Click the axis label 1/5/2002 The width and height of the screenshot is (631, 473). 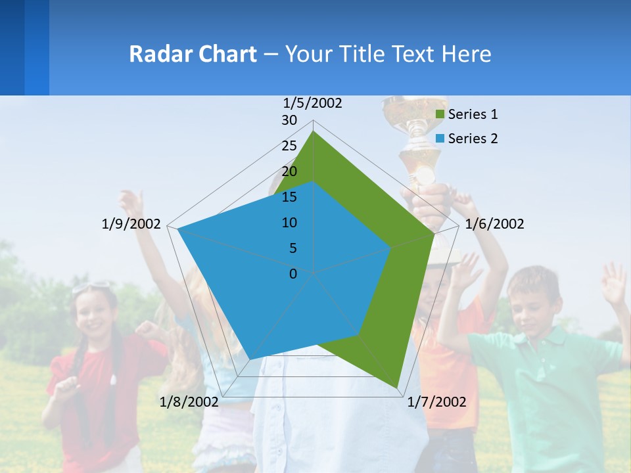(313, 103)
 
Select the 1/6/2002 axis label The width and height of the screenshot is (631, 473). (494, 224)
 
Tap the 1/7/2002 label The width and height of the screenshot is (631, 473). (436, 402)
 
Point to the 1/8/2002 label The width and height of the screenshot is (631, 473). (189, 402)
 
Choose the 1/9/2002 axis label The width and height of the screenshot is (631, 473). (131, 224)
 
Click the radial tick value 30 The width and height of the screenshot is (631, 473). (289, 120)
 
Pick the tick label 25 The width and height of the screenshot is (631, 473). (289, 146)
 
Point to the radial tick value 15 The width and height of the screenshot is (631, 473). (289, 197)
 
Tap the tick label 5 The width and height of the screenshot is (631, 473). (292, 248)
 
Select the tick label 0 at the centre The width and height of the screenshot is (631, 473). (293, 273)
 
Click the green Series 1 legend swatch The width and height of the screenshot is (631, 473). (440, 115)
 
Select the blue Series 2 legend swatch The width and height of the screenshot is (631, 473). (440, 139)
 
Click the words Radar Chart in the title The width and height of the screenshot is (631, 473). (193, 54)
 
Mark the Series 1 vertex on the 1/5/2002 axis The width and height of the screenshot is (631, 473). (313, 131)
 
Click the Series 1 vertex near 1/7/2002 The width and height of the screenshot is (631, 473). (398, 388)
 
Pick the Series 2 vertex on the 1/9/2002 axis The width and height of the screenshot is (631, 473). (177, 229)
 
